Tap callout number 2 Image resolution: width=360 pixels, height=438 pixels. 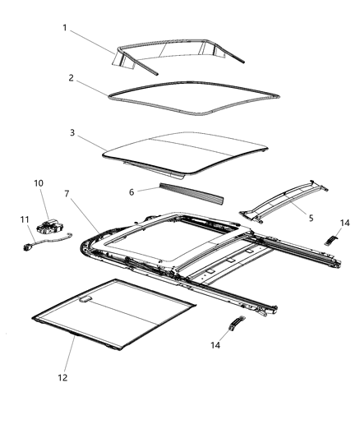coord(72,78)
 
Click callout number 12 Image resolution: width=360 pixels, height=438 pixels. coord(62,377)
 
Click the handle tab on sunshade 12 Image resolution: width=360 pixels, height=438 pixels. coord(85,299)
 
